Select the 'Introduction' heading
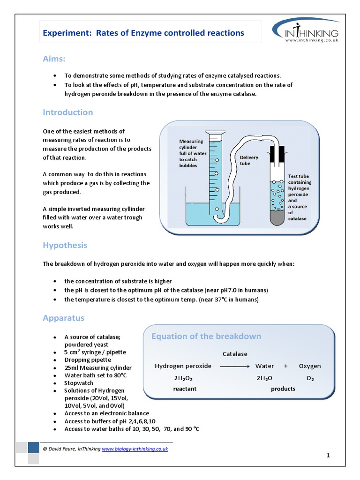pyautogui.click(x=67, y=112)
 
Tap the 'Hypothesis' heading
pyautogui.click(x=65, y=245)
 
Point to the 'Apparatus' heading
pyautogui.click(x=63, y=318)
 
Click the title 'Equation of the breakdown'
pyautogui.click(x=206, y=336)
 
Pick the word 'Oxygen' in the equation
pyautogui.click(x=310, y=366)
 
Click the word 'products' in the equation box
pyautogui.click(x=283, y=389)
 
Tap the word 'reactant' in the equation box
pyautogui.click(x=185, y=389)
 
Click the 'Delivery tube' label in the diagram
pyautogui.click(x=249, y=161)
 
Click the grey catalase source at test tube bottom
pyautogui.click(x=277, y=217)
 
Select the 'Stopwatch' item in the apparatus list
pyautogui.click(x=79, y=383)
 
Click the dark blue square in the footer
pyautogui.click(x=33, y=447)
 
